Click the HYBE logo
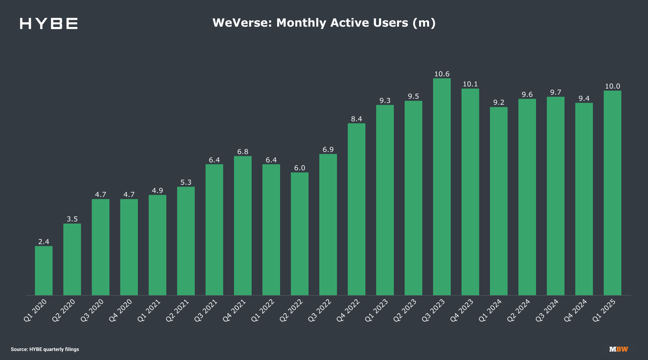tap(49, 23)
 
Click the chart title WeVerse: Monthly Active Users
tap(324, 23)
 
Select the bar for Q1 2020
tap(44, 270)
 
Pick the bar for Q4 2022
tap(356, 209)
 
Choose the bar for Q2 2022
tap(300, 234)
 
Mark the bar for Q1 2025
tap(612, 193)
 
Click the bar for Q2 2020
tap(72, 259)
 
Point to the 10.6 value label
tap(442, 74)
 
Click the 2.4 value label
tap(44, 242)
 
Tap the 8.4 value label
tap(356, 119)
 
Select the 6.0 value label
tap(300, 168)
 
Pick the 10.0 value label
tap(612, 86)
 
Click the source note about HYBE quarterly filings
tap(45, 349)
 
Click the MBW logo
tap(618, 349)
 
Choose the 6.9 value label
tap(328, 149)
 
